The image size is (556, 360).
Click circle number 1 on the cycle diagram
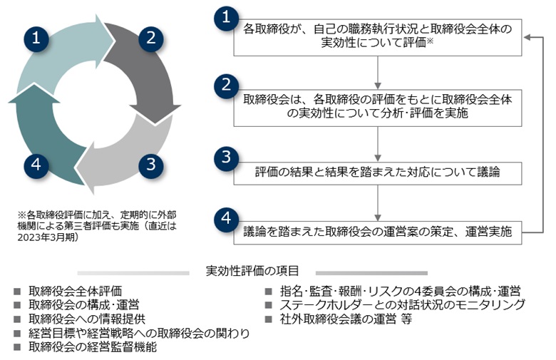tap(36, 38)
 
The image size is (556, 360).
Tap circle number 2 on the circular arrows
tap(150, 38)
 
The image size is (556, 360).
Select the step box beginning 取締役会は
tap(379, 105)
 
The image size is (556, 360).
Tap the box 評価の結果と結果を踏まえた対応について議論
tap(379, 172)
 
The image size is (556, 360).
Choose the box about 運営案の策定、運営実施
tap(379, 230)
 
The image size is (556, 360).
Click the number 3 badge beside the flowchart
tap(226, 156)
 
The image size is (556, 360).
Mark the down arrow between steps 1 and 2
tap(379, 71)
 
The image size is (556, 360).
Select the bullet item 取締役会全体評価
tap(76, 291)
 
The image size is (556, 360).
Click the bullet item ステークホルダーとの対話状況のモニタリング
tap(403, 305)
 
